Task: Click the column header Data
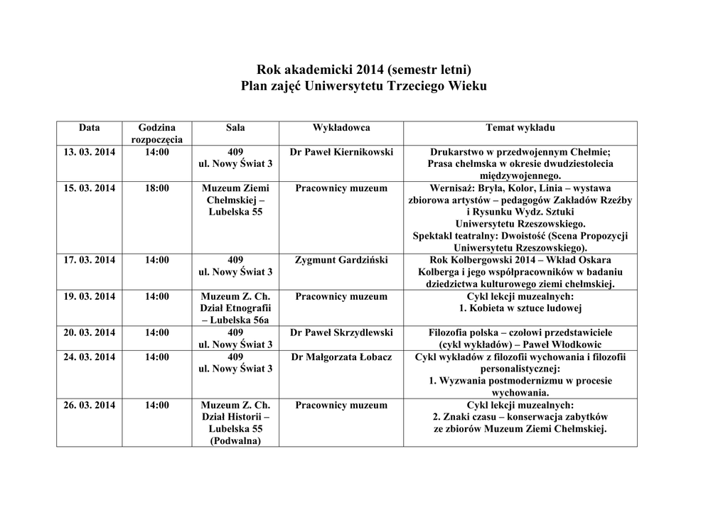tap(90, 128)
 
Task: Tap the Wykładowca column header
tap(341, 128)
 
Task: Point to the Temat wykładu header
tap(520, 128)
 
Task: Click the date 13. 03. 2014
tap(90, 152)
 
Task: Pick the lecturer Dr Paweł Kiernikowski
tap(341, 152)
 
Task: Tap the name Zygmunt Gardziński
tap(341, 260)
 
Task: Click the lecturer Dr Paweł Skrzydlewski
tap(341, 332)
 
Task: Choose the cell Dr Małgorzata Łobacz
tap(341, 357)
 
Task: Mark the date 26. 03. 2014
tap(90, 405)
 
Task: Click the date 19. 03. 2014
tap(90, 296)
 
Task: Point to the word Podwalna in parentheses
tap(235, 441)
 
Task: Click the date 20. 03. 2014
tap(90, 332)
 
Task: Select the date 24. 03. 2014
tap(90, 357)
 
